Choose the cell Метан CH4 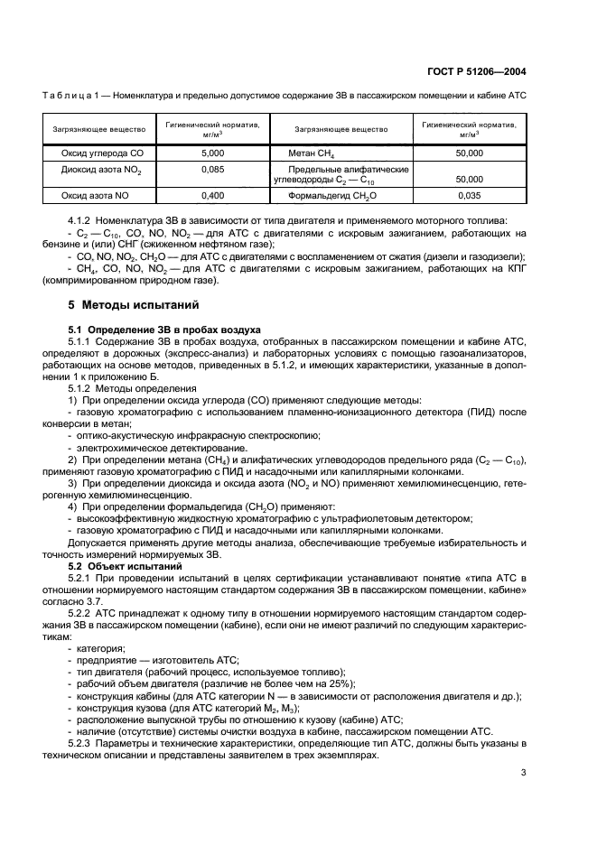pyautogui.click(x=312, y=154)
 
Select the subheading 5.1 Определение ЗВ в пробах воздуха pyautogui.click(x=165, y=330)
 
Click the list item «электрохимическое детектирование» pyautogui.click(x=161, y=447)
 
